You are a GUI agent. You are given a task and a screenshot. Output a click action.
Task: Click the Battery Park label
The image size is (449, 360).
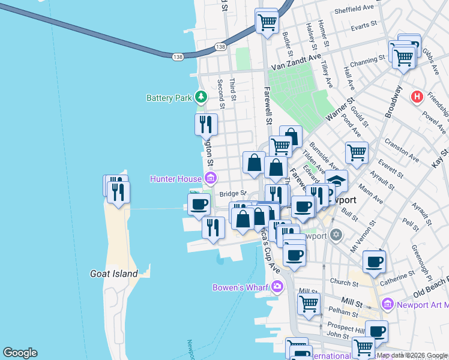point(169,98)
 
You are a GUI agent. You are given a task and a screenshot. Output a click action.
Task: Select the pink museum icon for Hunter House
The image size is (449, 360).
point(211,178)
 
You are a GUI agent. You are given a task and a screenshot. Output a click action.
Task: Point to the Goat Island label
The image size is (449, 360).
point(114,274)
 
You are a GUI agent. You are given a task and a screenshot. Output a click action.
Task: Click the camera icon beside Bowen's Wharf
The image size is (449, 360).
point(276,286)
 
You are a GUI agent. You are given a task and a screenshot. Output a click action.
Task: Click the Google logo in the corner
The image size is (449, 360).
point(20,353)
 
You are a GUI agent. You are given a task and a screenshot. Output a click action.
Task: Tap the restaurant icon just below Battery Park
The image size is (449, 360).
point(206,125)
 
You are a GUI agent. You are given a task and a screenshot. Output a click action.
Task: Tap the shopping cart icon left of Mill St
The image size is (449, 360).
point(309,303)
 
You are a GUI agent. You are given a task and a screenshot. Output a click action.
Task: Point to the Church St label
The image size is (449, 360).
point(343,281)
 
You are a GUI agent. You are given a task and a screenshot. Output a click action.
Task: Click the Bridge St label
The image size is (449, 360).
point(233,193)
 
